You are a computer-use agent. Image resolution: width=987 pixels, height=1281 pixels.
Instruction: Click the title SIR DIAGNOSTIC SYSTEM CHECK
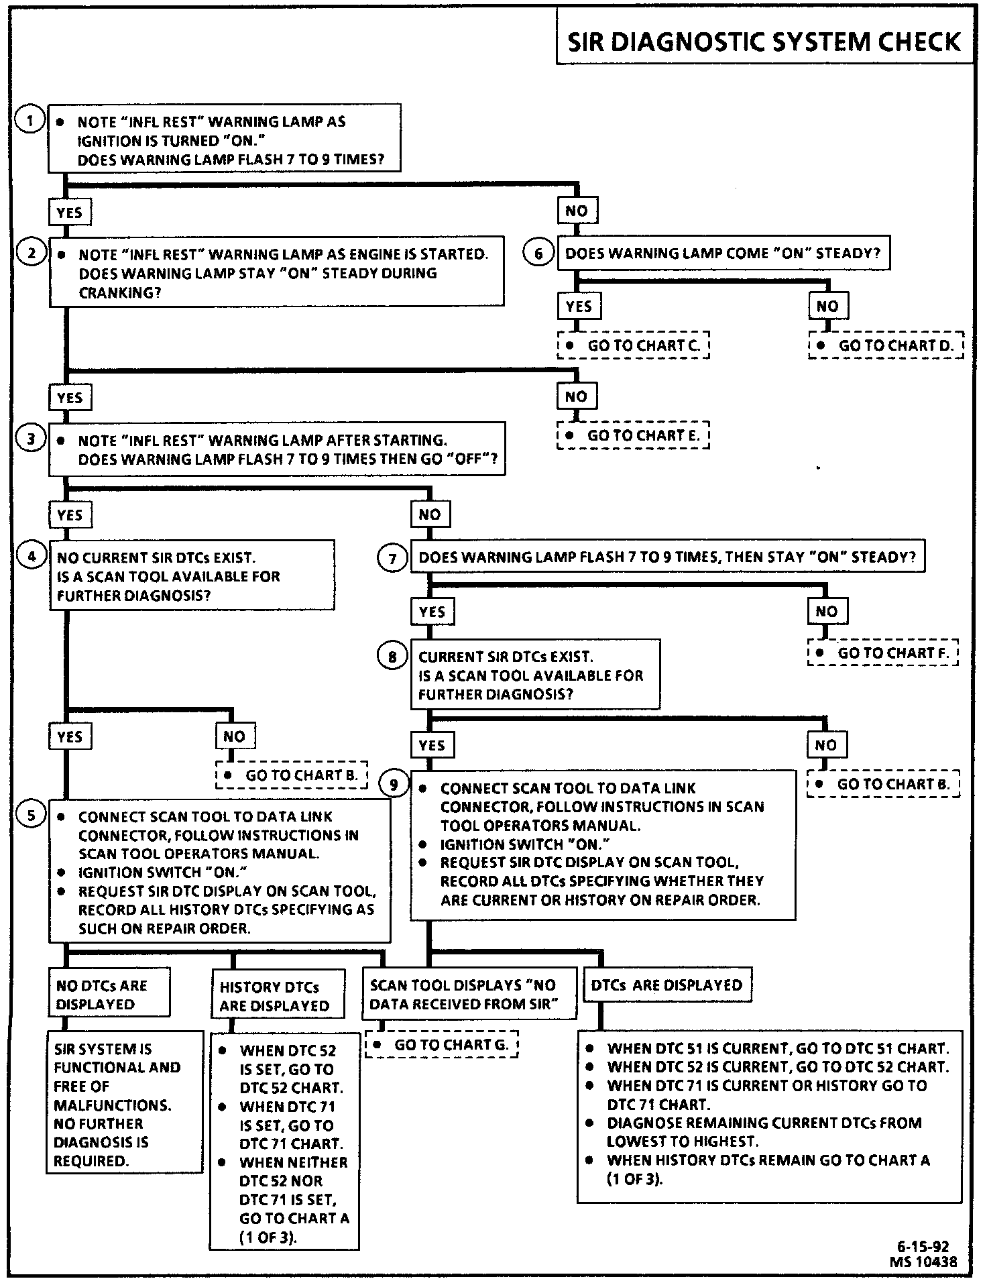[764, 42]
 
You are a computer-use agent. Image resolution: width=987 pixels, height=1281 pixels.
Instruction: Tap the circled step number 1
[30, 121]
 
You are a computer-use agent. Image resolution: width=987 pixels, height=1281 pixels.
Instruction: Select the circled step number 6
[538, 254]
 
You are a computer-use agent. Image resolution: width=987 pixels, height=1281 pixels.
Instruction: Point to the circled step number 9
[394, 784]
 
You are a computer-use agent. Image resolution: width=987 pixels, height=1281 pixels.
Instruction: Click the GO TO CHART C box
[633, 345]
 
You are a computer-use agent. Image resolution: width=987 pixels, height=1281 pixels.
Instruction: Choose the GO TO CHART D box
[886, 345]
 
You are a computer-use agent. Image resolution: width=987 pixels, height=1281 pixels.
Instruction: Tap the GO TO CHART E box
[633, 435]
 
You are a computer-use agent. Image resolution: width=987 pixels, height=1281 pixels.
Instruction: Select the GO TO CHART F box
[883, 653]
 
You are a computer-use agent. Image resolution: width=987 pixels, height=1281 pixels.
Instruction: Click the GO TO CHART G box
[441, 1044]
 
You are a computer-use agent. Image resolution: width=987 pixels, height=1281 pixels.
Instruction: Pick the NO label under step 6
[827, 307]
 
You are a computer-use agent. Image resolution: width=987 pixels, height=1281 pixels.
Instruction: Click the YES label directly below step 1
[70, 213]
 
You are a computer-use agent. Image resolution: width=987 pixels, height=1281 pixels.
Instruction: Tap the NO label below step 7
[826, 611]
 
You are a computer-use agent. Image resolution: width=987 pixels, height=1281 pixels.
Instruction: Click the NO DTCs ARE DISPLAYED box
[109, 994]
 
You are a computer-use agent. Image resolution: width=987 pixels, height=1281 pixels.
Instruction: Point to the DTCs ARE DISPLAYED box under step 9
[667, 985]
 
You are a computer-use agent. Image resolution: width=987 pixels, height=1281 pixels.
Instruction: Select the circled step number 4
[31, 557]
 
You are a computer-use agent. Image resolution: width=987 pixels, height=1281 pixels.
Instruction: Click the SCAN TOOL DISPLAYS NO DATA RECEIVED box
[469, 994]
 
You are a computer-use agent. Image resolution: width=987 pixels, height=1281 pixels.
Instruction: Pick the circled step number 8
[392, 657]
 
